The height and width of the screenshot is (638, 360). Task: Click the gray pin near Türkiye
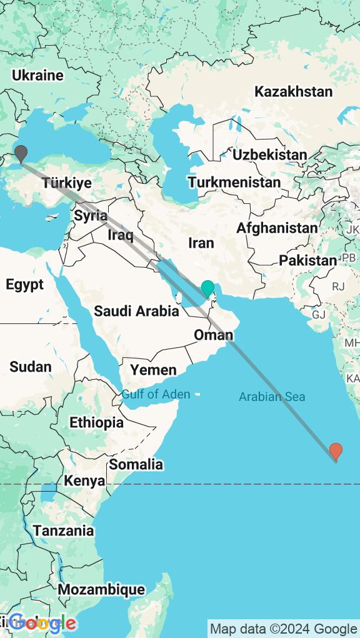coord(21,153)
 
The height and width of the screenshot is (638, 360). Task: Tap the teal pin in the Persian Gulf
coord(207,289)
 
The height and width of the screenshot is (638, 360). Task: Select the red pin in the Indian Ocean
coord(336,451)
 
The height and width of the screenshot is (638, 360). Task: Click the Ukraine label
coord(37,76)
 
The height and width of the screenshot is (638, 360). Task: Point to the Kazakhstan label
coord(293,91)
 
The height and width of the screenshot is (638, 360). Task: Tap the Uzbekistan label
coord(269,154)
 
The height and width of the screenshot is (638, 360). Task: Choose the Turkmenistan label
coord(234,183)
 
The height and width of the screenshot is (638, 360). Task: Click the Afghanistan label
coord(277,228)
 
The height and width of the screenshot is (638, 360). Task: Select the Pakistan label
coord(307,260)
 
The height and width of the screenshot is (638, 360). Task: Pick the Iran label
coord(201,243)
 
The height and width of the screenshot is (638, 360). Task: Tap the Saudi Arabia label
coord(136,310)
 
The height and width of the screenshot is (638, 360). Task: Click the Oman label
coord(213,335)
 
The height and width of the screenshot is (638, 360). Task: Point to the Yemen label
coord(153,370)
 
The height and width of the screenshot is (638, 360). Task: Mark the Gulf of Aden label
coord(156,394)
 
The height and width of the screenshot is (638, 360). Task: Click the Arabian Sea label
coord(272,397)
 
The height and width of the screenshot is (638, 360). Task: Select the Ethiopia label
coord(96,422)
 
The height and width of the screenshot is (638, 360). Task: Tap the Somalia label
coord(136,464)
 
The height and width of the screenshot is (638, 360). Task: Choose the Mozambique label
coord(101,589)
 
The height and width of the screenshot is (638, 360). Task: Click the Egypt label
coord(25,285)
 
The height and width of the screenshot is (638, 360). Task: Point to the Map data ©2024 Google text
coord(283,629)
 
